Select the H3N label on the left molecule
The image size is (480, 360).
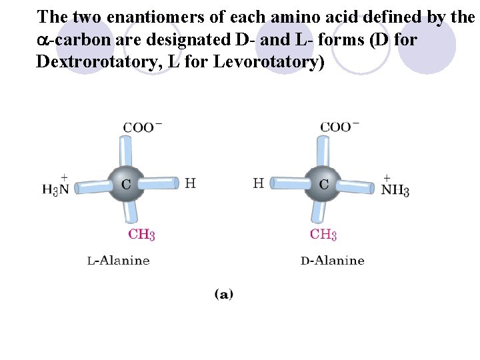click(56, 188)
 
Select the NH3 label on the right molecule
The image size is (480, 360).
click(395, 189)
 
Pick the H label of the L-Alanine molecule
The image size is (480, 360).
click(190, 183)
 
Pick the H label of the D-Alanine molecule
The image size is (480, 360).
click(259, 183)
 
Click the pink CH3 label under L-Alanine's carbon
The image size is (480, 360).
click(141, 234)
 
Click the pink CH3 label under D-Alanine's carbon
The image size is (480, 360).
click(323, 234)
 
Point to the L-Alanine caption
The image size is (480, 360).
click(119, 260)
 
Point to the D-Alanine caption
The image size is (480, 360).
click(333, 260)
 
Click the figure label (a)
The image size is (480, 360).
click(223, 293)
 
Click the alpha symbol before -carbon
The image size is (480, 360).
click(42, 41)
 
